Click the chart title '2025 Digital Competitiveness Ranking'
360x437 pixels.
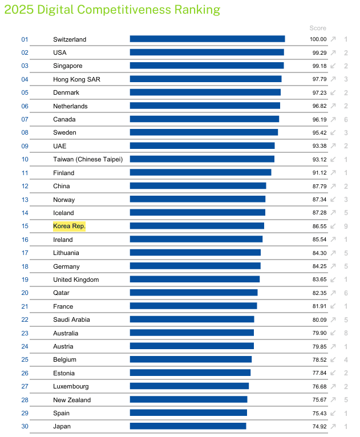[x=112, y=10]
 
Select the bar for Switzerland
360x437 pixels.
[x=207, y=39]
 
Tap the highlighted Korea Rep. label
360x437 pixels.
[x=69, y=226]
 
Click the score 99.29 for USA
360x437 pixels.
[x=319, y=52]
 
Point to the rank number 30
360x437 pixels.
[x=25, y=426]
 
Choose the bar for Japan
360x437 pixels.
[x=188, y=426]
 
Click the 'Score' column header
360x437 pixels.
[x=318, y=28]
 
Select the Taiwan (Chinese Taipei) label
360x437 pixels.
[x=88, y=159]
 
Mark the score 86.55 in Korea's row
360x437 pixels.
[x=319, y=226]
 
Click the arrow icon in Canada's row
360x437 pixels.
[x=333, y=119]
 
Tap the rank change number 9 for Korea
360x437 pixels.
[x=346, y=226]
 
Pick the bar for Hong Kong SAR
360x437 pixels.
[x=205, y=79]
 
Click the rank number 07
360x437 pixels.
[x=25, y=119]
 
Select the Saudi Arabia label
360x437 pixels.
[x=71, y=319]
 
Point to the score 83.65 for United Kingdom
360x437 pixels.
[x=319, y=280]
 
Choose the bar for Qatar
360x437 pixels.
[x=193, y=293]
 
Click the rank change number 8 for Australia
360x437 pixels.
[x=346, y=333]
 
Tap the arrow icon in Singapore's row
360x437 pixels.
[x=333, y=66]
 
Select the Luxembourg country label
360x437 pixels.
[x=71, y=386]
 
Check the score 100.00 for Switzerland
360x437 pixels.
[x=318, y=39]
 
